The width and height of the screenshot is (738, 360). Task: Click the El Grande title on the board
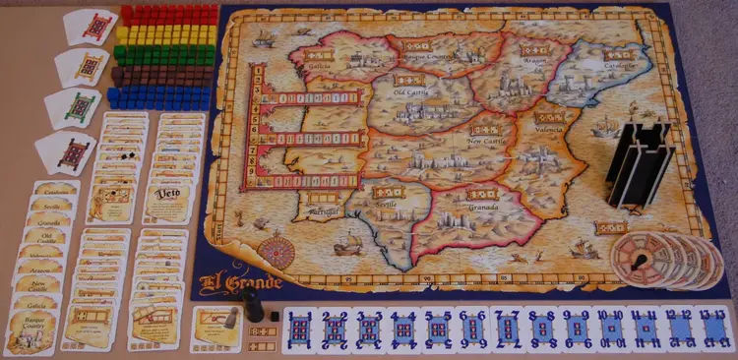pyautogui.click(x=242, y=283)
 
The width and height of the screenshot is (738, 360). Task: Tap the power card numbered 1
pyautogui.click(x=303, y=330)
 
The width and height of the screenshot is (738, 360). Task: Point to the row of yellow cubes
pyautogui.click(x=164, y=35)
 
